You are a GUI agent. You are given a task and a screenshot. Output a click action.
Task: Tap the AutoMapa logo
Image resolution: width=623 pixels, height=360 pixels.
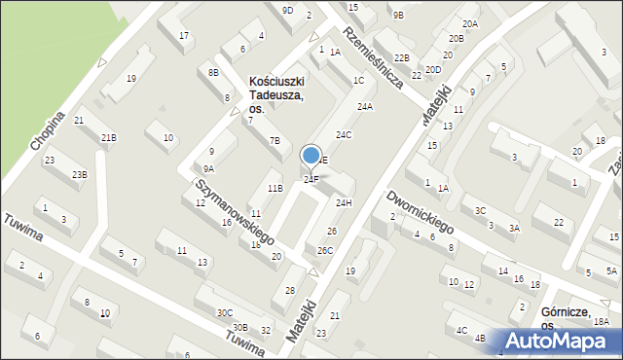click(x=561, y=341)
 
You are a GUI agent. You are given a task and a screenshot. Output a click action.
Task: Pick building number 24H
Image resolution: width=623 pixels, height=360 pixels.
click(x=344, y=202)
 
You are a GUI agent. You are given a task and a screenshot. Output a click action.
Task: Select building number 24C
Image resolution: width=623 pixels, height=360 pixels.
click(x=344, y=134)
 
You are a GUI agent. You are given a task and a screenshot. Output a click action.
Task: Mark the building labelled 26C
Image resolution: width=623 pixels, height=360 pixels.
click(x=324, y=250)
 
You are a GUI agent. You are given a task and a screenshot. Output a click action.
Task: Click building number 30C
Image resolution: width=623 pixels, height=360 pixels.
click(x=225, y=312)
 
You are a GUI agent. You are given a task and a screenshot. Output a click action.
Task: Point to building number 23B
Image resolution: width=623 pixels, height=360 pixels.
click(x=79, y=174)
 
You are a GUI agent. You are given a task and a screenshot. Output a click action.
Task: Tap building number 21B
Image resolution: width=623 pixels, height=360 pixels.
click(x=108, y=138)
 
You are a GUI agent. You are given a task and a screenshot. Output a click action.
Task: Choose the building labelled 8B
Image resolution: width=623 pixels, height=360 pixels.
click(x=213, y=72)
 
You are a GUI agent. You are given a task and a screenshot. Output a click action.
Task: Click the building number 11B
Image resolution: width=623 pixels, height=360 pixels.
click(x=275, y=188)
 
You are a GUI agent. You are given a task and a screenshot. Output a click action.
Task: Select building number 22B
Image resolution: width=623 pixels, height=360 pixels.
click(x=401, y=58)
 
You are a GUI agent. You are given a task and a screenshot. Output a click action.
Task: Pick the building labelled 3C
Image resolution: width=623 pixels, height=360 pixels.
click(x=480, y=210)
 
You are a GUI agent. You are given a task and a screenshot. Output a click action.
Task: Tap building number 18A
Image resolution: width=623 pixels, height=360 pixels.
click(x=602, y=321)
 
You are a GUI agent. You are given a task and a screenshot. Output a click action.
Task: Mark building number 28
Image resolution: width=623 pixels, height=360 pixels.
click(x=289, y=291)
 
